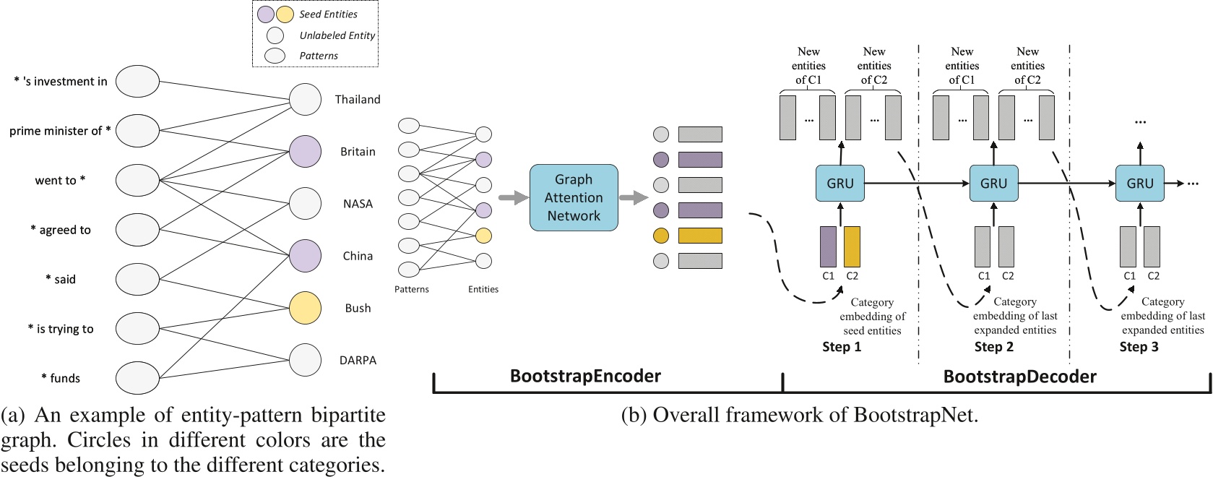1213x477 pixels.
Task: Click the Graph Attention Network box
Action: [574, 197]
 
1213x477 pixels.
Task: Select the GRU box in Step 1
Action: [840, 184]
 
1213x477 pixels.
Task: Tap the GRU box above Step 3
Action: [1139, 184]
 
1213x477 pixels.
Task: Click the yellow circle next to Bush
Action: [305, 308]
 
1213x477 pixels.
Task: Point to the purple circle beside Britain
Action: [305, 152]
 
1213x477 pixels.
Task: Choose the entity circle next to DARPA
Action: [305, 360]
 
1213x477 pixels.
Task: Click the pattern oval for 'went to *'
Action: [137, 180]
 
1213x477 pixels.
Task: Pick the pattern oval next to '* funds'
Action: [137, 377]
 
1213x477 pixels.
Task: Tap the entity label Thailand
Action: [358, 100]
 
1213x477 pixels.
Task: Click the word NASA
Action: [358, 204]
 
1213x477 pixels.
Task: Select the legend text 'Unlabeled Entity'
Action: [337, 35]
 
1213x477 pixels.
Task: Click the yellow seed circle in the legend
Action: [285, 14]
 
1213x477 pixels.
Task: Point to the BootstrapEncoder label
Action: [585, 376]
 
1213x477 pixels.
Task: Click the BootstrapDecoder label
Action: [1019, 377]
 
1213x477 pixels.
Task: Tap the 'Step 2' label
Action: [993, 347]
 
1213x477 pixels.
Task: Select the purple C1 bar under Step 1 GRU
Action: [828, 246]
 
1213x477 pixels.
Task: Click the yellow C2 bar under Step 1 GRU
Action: [852, 246]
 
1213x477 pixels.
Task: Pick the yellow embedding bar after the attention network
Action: [699, 236]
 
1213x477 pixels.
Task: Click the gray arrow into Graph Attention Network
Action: [513, 197]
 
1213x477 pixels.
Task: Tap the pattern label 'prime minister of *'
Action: [60, 131]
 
